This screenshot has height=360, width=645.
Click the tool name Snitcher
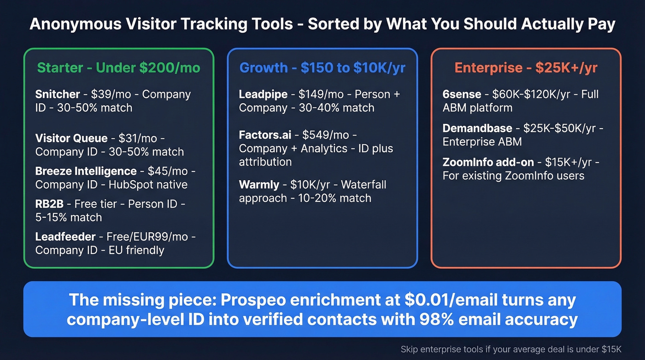(x=58, y=94)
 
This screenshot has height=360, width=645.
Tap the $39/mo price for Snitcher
(x=111, y=94)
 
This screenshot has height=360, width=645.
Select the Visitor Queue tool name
(x=71, y=138)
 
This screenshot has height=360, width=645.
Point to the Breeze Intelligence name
(x=86, y=171)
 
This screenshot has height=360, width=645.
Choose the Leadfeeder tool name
(x=65, y=237)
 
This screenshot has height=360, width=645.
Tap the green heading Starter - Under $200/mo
(x=118, y=68)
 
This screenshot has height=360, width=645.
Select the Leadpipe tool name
(x=263, y=94)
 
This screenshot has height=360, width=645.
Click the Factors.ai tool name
(x=265, y=136)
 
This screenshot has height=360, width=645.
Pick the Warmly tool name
(x=259, y=185)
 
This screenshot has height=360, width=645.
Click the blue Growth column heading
(x=322, y=68)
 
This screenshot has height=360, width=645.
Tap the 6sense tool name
(x=461, y=94)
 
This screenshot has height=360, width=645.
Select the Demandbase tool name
(x=477, y=128)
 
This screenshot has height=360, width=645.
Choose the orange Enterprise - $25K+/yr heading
(x=526, y=68)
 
